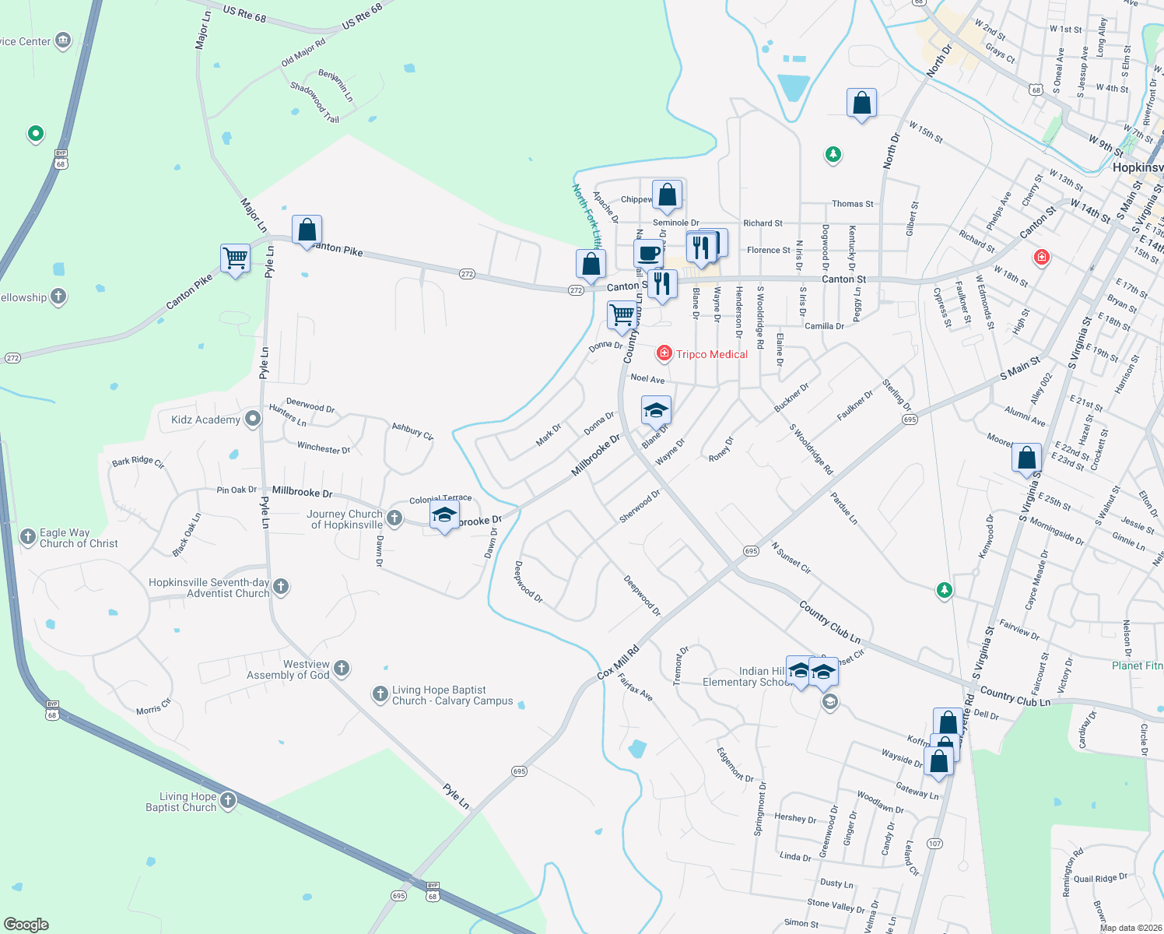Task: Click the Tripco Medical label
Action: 711,354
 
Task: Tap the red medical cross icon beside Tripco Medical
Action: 664,354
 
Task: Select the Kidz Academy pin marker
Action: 252,420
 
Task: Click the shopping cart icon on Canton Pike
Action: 235,258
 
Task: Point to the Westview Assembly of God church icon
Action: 341,669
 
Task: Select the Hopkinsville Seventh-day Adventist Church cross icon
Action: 281,587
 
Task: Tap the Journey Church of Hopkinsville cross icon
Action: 394,518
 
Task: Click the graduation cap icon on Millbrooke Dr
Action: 444,515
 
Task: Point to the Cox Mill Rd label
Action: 618,662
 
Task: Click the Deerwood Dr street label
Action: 310,405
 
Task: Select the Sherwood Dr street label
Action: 640,505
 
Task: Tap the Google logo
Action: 26,925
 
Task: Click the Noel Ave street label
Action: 647,378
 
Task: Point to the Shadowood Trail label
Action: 315,103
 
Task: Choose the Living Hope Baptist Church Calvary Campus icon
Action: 380,694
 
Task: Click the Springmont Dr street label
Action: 759,809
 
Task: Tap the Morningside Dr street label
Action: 1057,532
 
